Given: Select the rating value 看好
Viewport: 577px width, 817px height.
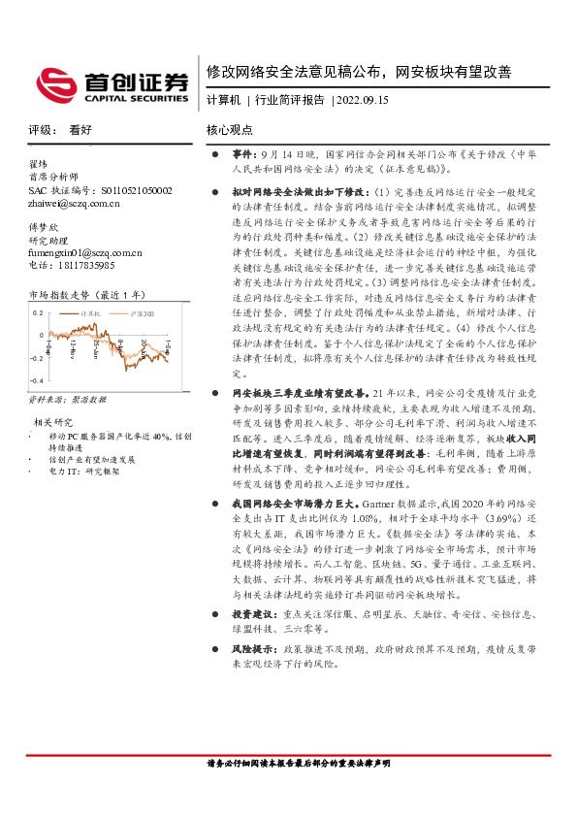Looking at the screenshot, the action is (x=80, y=129).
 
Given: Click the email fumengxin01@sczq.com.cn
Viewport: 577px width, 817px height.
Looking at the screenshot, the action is (x=85, y=252).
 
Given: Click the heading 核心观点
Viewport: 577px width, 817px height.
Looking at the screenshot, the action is (x=229, y=129).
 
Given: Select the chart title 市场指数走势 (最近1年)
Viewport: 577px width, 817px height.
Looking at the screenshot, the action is (x=87, y=294).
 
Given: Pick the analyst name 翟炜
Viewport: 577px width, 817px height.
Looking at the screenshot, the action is (x=38, y=164).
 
